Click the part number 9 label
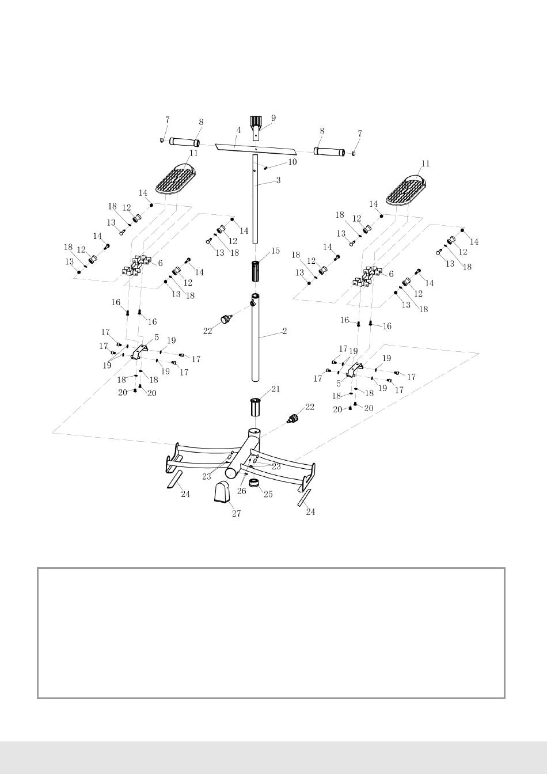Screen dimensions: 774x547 (x=273, y=118)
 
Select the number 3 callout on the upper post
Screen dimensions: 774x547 (x=278, y=180)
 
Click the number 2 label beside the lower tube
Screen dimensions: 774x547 (x=284, y=332)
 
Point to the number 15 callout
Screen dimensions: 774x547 (x=275, y=251)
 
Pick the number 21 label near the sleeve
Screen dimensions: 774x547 (x=275, y=389)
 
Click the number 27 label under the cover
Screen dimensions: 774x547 (x=236, y=514)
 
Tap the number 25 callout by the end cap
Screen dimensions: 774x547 (x=268, y=495)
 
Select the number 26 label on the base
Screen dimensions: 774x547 (x=241, y=491)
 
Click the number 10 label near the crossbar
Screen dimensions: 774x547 (x=292, y=162)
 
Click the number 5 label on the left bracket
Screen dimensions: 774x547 (x=157, y=337)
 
